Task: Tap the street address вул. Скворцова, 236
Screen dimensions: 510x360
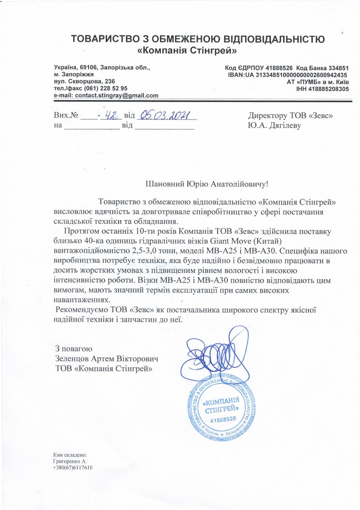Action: [x=84, y=81]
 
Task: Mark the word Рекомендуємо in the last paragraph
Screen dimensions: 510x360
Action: [x=80, y=310]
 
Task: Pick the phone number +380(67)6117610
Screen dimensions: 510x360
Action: [x=73, y=468]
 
